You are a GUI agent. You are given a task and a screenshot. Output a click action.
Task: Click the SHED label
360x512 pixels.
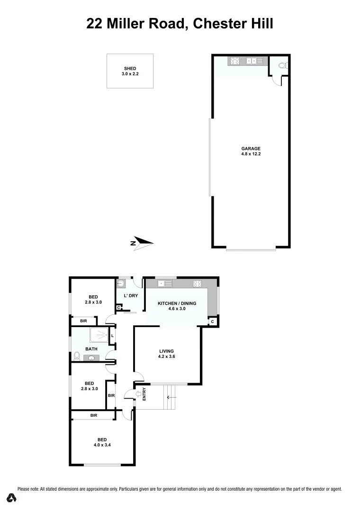coord(130,69)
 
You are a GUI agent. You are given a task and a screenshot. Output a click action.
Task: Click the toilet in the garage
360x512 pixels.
coord(282,66)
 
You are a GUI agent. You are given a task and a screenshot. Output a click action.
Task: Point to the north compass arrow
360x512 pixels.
coord(143,243)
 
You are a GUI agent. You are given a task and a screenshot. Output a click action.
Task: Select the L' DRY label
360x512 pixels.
coord(130,296)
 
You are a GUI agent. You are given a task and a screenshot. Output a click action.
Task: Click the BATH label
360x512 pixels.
coord(91,349)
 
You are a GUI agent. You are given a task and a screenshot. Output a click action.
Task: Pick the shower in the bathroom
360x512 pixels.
coord(97,335)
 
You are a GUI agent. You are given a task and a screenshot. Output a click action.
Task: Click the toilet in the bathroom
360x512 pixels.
coord(76,356)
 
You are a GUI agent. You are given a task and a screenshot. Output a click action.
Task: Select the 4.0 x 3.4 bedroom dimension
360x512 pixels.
coord(102,445)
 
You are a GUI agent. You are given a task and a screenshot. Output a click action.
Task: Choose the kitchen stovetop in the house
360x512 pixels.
coord(198,284)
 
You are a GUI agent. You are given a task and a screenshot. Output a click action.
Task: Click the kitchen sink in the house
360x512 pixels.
coord(166,284)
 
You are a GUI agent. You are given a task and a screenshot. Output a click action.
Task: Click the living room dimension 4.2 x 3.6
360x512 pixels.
coord(167,357)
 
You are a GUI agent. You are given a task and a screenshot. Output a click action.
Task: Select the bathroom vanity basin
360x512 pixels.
coord(90,358)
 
